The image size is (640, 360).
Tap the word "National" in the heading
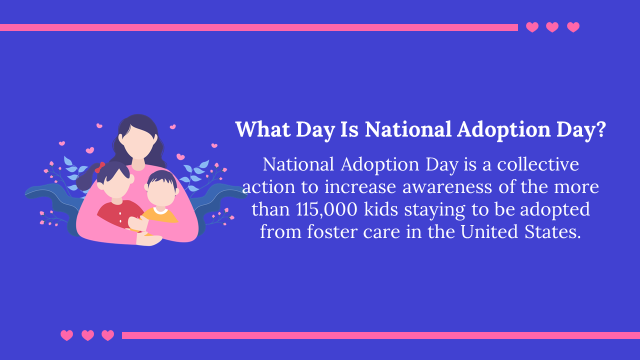(408, 129)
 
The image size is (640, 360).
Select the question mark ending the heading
(601, 129)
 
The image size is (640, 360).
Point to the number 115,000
(326, 209)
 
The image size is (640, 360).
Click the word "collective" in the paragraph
(538, 164)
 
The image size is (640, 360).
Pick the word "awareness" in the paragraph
(447, 187)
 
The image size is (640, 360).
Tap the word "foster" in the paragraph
(332, 231)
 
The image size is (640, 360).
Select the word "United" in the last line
(489, 231)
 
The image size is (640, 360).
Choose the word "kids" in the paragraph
(381, 209)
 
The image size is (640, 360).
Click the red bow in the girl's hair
(99, 167)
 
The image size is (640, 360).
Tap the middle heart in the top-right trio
(552, 27)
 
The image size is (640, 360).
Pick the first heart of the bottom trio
(66, 335)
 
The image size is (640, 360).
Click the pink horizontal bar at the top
(259, 27)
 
